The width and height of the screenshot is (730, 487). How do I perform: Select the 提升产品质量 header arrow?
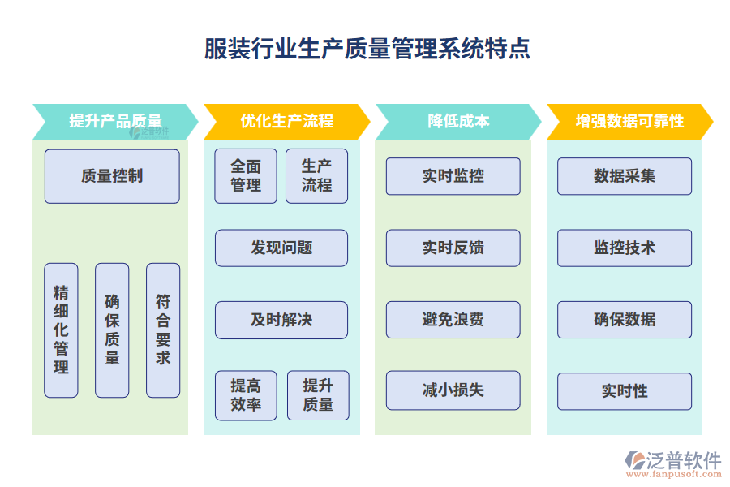tap(114, 121)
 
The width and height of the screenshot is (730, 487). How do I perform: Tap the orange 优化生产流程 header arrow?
tap(286, 121)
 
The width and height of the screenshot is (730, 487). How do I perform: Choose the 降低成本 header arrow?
tap(457, 121)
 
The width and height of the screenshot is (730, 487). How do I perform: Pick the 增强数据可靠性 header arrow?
tap(629, 121)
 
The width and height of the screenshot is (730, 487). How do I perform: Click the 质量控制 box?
tap(112, 175)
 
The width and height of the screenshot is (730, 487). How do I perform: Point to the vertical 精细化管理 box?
tap(61, 330)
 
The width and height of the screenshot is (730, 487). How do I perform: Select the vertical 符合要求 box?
tap(163, 330)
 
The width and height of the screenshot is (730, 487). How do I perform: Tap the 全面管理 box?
tap(246, 175)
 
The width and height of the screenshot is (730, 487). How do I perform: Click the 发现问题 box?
tap(281, 248)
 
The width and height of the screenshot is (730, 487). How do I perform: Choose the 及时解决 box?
tap(281, 320)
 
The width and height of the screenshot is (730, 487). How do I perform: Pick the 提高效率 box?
tap(246, 395)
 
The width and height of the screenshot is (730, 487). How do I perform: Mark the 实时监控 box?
tap(453, 176)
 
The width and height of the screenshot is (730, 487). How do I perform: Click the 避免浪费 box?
tap(453, 320)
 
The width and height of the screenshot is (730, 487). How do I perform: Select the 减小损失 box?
tap(453, 390)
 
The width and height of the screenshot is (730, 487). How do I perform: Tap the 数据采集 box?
tap(625, 176)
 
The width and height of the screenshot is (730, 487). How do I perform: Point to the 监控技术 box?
tap(625, 248)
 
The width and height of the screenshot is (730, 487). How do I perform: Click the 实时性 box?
tap(625, 391)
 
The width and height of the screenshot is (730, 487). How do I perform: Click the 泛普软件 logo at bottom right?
tap(673, 463)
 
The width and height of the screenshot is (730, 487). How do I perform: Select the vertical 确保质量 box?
tap(112, 330)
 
